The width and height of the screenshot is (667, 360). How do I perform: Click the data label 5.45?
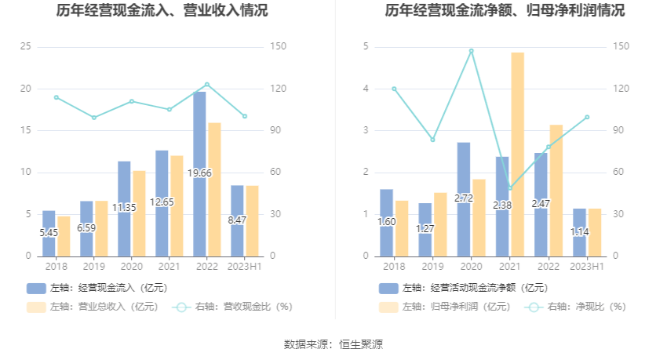49,232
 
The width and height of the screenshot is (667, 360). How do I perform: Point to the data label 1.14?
579,232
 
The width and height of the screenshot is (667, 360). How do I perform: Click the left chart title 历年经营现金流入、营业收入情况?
162,11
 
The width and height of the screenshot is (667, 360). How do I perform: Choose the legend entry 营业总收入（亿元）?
92,307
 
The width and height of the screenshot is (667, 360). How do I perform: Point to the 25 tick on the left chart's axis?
25,47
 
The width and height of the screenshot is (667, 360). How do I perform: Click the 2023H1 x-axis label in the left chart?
244,267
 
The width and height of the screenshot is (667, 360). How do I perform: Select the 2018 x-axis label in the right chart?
394,267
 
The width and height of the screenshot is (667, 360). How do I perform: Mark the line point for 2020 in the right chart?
471,51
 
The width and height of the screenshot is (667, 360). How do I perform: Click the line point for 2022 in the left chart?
207,84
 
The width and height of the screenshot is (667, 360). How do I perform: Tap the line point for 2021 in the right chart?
509,188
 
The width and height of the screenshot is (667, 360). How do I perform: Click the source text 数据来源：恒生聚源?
333,344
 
